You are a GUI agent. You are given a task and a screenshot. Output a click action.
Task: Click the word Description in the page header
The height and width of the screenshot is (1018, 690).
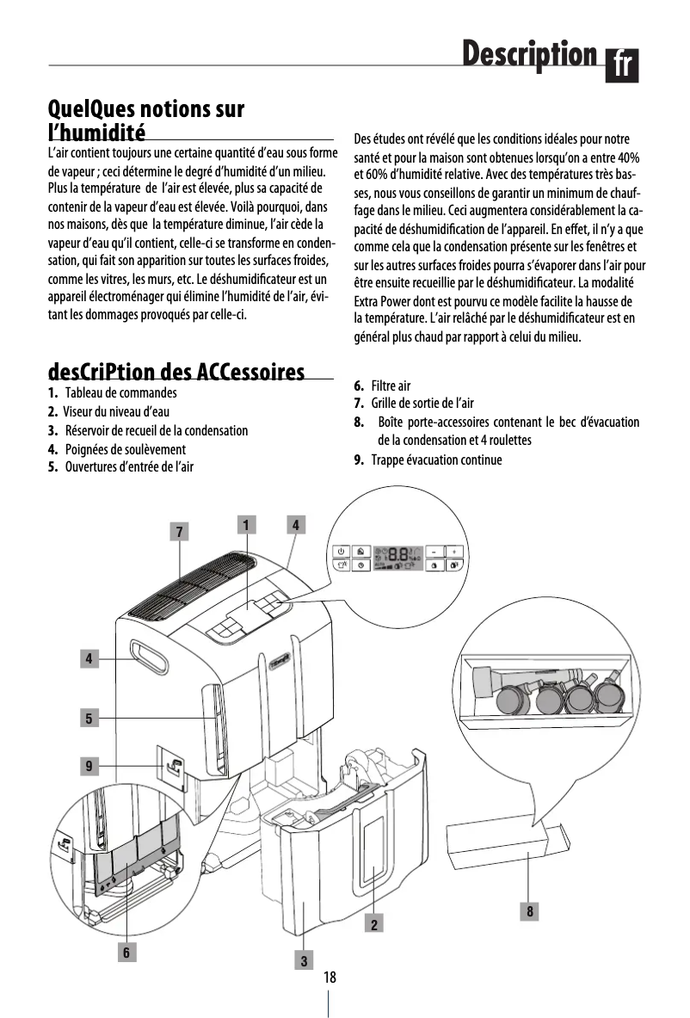(528, 54)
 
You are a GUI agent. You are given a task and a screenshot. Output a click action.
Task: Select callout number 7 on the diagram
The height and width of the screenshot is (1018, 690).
(179, 532)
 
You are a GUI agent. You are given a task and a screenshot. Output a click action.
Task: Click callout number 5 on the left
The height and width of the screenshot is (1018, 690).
(88, 716)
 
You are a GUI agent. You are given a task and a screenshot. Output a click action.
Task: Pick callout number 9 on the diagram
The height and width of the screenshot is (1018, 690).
(88, 764)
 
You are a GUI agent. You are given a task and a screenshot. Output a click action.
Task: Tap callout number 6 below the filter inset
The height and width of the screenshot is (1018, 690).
(126, 952)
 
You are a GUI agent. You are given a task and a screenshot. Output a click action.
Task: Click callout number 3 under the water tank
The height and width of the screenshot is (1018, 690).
(304, 959)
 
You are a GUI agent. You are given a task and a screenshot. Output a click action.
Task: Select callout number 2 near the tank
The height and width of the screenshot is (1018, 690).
(374, 924)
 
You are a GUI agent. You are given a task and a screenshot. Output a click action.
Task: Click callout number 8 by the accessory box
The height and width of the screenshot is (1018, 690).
(530, 910)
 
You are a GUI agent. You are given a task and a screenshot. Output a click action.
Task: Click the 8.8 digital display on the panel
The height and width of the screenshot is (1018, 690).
(403, 557)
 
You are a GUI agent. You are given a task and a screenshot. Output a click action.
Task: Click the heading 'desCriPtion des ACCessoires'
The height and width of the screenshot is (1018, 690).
(176, 373)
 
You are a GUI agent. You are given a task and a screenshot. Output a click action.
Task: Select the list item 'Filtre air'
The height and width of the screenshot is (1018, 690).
(391, 386)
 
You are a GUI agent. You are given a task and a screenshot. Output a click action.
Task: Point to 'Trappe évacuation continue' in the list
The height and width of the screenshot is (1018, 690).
(436, 460)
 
